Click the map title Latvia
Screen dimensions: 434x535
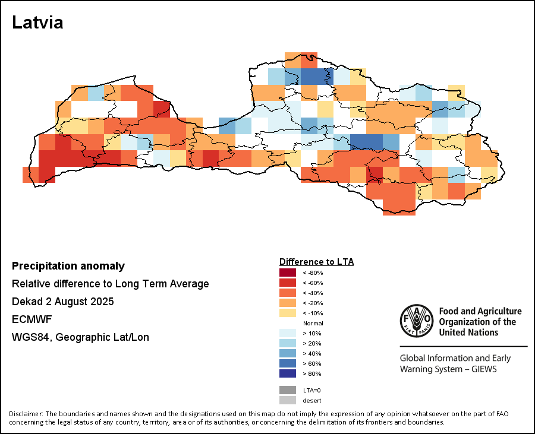37,23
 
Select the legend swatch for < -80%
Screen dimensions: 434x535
288,273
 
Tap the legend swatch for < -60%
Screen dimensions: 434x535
288,283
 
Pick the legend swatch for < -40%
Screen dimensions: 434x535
288,293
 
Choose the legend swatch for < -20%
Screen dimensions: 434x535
288,303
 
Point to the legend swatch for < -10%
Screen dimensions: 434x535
288,313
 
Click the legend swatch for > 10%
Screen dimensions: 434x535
288,333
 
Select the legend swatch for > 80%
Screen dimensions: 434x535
288,373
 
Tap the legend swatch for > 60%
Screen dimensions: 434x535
288,363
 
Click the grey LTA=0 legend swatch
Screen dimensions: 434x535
288,390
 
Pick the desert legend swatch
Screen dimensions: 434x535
288,400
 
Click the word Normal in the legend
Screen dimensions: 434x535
313,323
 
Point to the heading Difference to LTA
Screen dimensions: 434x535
316,261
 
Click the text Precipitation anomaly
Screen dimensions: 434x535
68,266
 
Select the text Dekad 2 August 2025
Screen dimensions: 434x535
62,302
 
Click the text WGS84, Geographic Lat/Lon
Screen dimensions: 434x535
80,337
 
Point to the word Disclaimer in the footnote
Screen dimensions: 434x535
26,414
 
